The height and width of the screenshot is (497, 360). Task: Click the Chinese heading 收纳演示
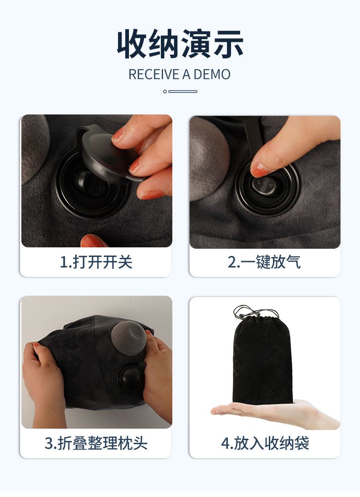180,44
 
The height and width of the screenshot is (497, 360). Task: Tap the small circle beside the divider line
165,92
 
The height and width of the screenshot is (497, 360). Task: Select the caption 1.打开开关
96,262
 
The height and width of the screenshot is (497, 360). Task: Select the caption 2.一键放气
264,262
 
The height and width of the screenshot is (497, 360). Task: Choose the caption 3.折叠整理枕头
96,443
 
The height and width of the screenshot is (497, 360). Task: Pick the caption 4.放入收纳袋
265,443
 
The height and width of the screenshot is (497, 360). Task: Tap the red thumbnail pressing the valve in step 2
259,170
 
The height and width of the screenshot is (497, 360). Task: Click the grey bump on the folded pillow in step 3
129,338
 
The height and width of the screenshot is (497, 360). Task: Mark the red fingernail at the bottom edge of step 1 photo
93,241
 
